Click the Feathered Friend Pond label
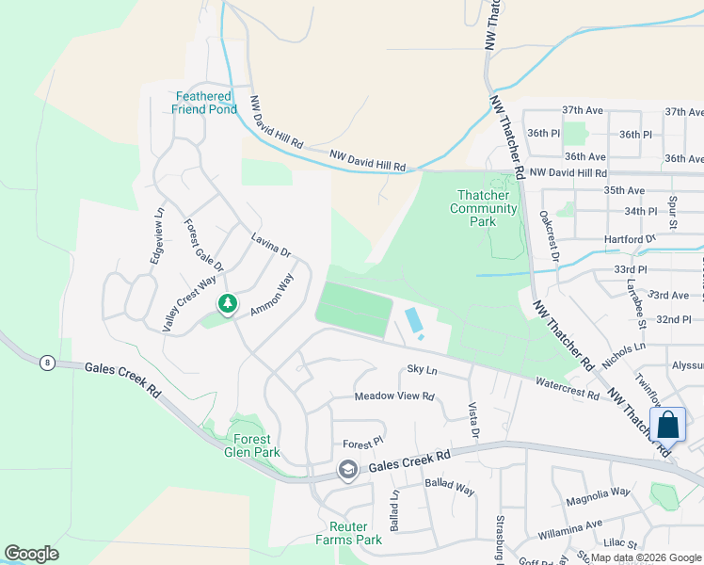point(202,103)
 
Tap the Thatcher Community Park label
point(484,208)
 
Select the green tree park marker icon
point(227,304)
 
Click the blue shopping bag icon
point(667,425)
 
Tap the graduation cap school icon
point(348,470)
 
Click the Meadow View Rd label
point(393,396)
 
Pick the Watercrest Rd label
point(567,389)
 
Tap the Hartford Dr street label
point(630,239)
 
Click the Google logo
point(31,554)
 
